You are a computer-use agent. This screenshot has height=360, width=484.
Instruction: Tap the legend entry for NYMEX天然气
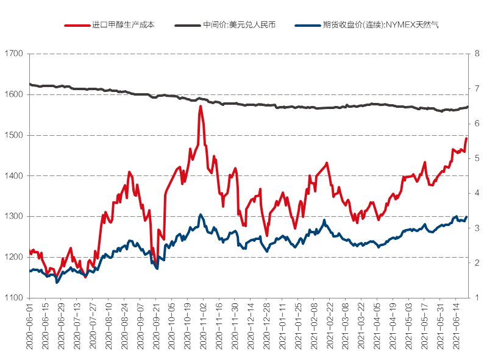[x=379, y=26]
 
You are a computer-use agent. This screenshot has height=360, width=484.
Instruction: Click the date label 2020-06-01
[x=29, y=326]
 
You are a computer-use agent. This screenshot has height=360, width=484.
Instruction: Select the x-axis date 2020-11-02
[x=203, y=326]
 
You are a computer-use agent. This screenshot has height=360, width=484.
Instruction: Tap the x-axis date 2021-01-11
[x=282, y=326]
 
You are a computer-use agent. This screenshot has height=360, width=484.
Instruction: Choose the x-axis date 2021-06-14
[x=455, y=326]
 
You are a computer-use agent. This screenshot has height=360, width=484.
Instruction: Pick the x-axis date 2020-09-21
[x=155, y=326]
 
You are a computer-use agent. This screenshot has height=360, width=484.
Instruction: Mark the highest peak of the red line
[x=201, y=107]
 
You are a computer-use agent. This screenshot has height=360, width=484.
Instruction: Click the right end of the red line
[x=467, y=138]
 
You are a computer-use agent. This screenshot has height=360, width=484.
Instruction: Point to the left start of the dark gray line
[x=29, y=84]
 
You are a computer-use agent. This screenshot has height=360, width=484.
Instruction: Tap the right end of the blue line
[x=467, y=217]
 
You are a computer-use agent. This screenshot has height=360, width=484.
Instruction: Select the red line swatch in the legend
[x=76, y=26]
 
